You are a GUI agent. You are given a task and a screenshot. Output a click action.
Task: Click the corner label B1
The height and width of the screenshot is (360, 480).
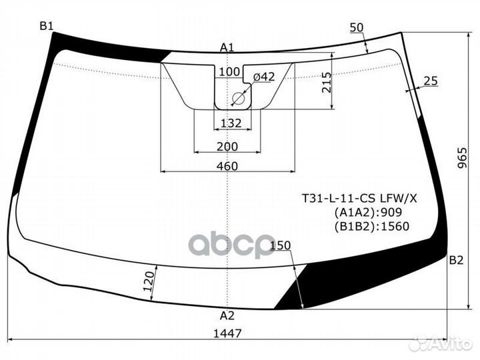tap(46, 26)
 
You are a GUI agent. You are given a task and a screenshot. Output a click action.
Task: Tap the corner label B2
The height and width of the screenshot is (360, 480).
tap(455, 260)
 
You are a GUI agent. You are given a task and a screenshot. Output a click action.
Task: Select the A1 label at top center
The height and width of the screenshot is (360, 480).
tap(227, 47)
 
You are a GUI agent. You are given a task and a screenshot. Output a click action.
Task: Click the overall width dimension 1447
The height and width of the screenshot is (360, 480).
tap(228, 333)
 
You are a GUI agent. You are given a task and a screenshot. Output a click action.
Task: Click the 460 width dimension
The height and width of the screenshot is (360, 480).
tap(227, 165)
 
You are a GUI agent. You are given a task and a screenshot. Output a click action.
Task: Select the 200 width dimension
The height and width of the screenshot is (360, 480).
tap(227, 147)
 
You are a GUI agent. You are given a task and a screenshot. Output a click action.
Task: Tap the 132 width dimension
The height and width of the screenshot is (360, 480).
tap(231, 123)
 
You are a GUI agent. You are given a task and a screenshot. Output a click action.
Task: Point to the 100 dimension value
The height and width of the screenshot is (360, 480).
tap(229, 72)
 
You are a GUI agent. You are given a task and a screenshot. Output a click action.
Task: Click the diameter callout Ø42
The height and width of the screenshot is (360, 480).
tap(263, 77)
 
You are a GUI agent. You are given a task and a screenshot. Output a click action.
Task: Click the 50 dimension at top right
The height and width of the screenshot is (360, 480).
tap(357, 27)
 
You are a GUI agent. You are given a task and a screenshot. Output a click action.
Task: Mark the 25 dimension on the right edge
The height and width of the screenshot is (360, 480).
tap(430, 81)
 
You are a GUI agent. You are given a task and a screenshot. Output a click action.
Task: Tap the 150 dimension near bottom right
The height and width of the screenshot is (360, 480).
tap(281, 246)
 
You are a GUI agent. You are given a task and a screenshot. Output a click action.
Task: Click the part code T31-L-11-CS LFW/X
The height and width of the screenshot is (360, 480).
tap(360, 199)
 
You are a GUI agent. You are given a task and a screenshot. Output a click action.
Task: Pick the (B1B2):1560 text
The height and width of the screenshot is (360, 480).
tap(371, 226)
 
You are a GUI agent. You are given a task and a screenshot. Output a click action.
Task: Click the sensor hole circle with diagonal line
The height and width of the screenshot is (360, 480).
tap(239, 99)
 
